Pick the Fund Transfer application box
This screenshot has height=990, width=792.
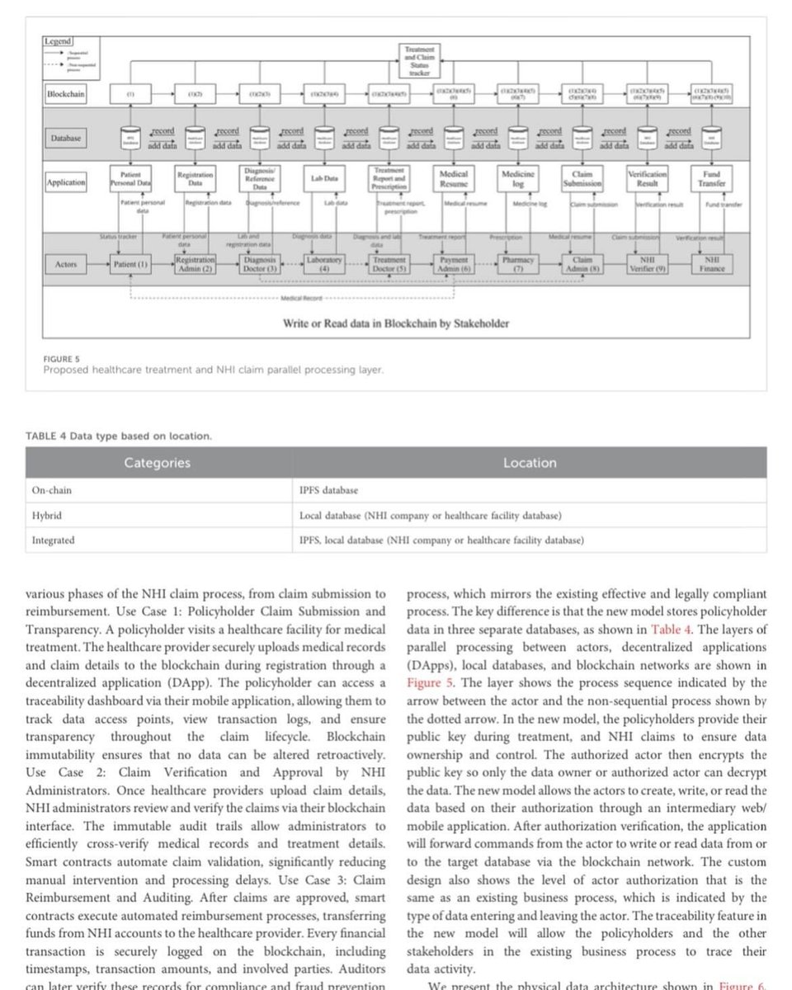coord(712,179)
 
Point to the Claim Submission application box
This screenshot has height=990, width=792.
coord(583,179)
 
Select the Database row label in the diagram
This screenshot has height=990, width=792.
coord(66,138)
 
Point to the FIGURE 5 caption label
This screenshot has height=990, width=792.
coord(59,360)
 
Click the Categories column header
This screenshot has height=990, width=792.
coord(157,463)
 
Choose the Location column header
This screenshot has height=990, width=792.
coord(530,463)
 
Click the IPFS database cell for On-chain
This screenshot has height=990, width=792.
coord(329,490)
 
